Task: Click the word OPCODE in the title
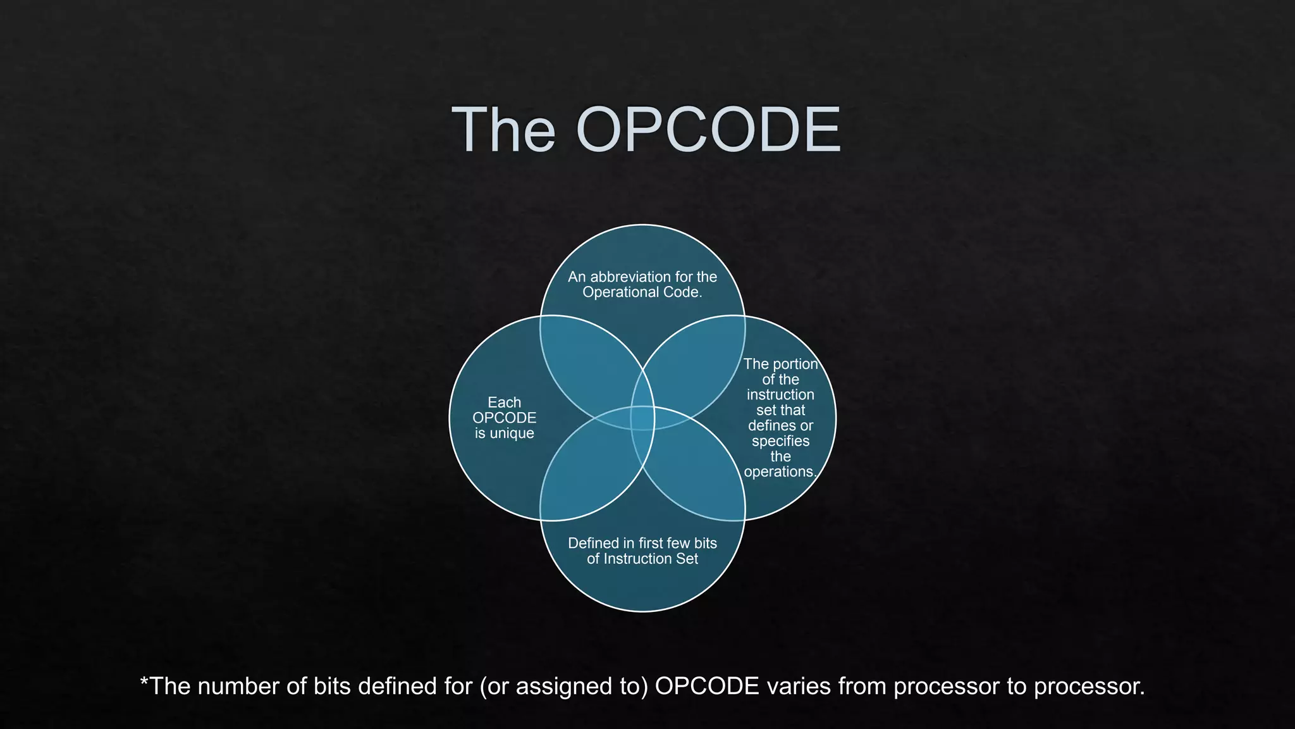[708, 130]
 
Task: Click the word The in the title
[503, 130]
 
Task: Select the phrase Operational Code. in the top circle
[642, 292]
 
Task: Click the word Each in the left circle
[504, 402]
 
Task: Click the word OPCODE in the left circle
[504, 418]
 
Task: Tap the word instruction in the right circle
[780, 395]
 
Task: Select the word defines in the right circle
[770, 426]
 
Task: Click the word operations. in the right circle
[780, 472]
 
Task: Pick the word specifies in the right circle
[780, 441]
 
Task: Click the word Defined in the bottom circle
[594, 544]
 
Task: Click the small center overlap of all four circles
[642, 418]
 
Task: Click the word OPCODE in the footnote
[707, 687]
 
